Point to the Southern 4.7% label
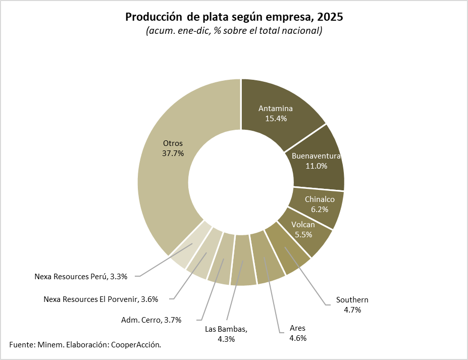tap(352, 305)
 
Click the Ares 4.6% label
tap(298, 333)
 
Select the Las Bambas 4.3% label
tap(226, 334)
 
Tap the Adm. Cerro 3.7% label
tap(151, 320)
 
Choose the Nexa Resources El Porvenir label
tap(101, 299)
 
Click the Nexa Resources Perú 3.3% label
tap(81, 276)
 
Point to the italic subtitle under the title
tap(234, 31)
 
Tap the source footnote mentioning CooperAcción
tap(85, 344)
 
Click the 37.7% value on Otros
tap(173, 153)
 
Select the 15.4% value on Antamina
tap(276, 119)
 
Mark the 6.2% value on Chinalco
tap(320, 209)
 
